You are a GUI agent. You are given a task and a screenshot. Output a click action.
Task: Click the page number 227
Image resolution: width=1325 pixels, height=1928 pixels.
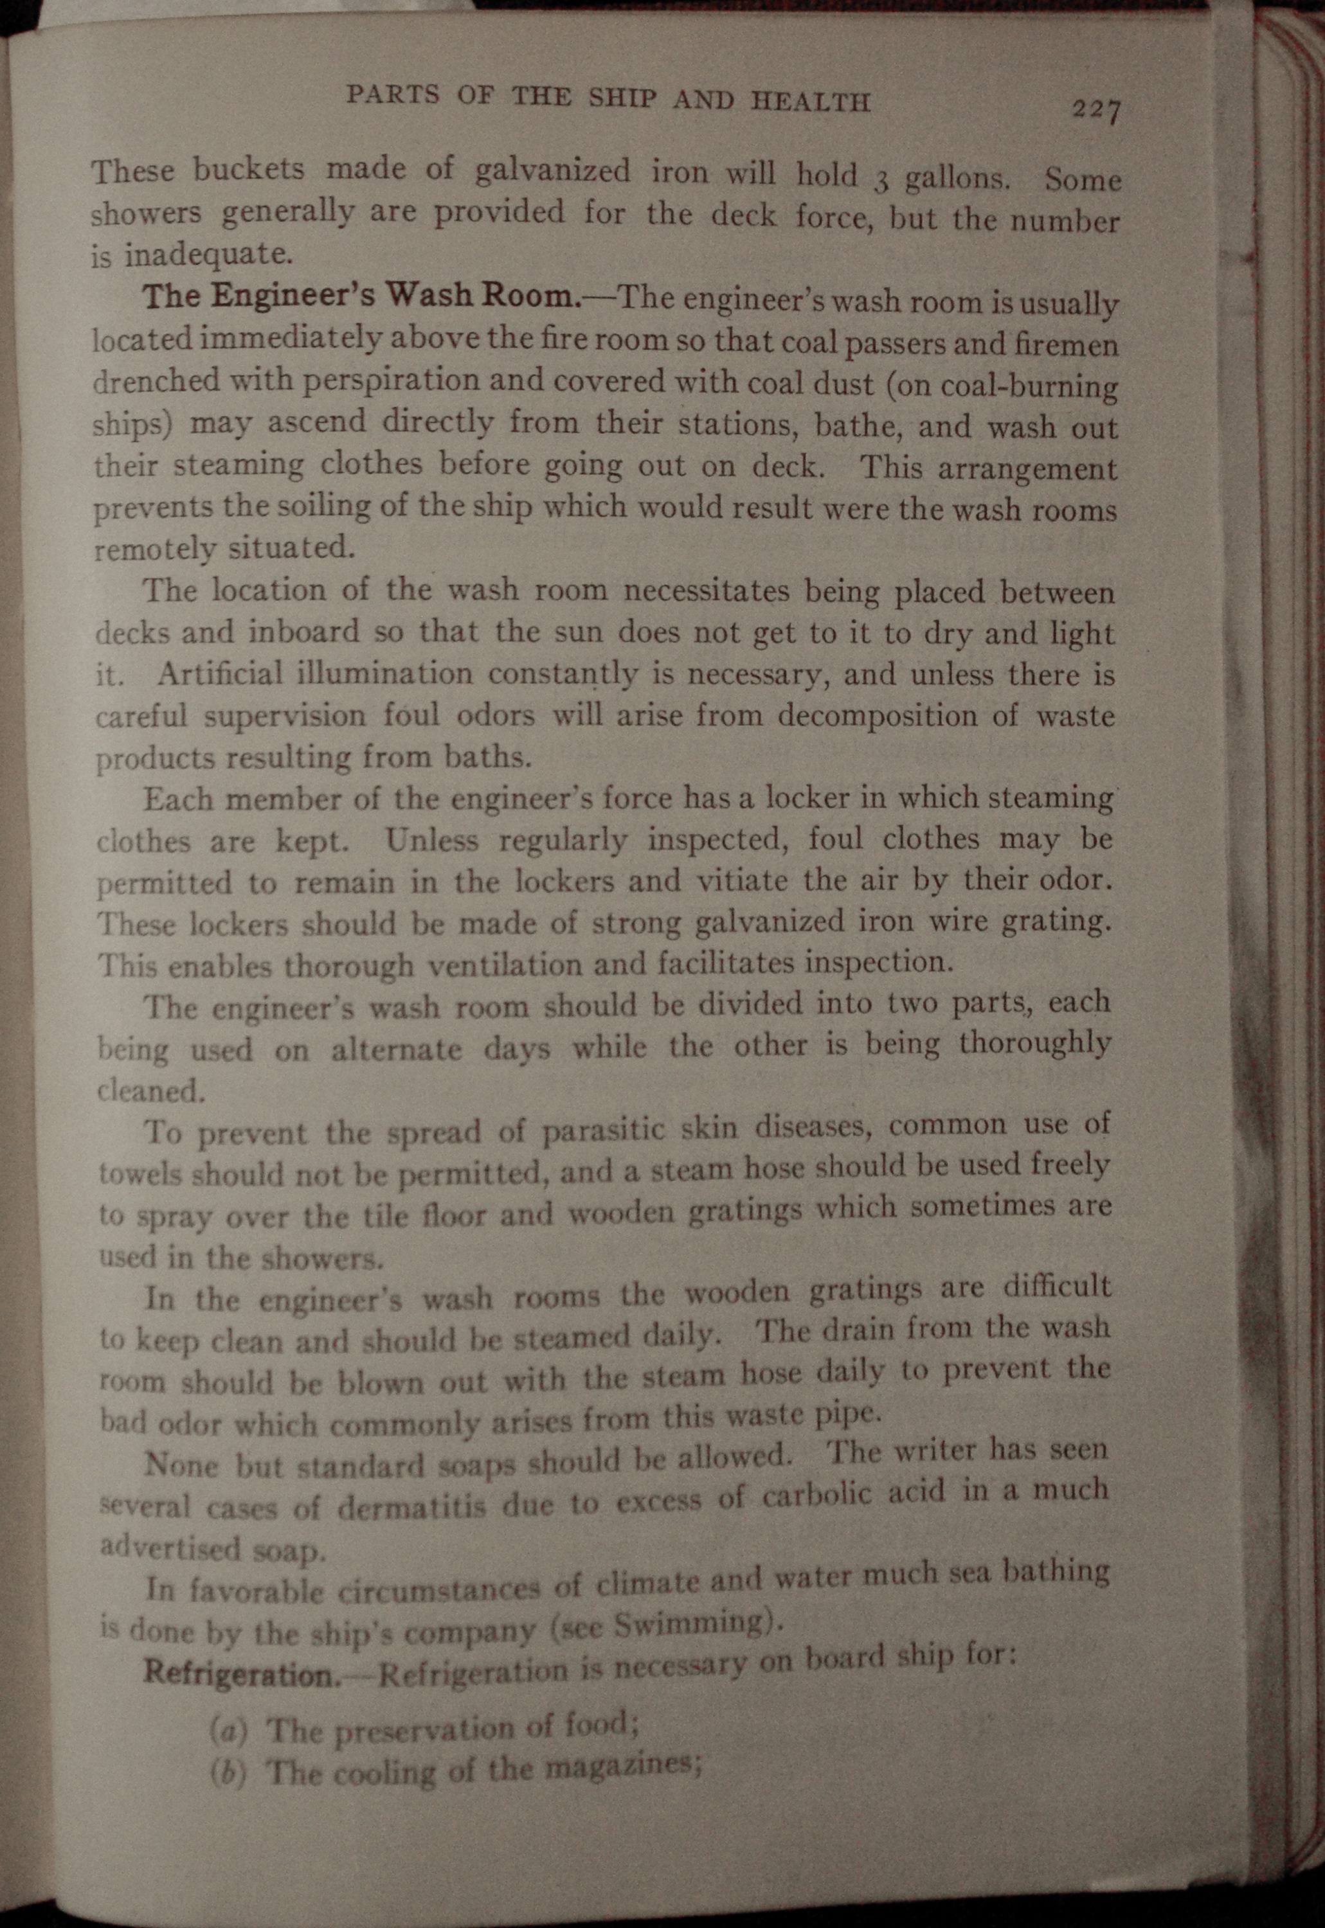coord(1096,109)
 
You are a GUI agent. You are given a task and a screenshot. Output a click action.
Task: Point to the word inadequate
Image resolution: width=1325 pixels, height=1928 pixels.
coord(208,254)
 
